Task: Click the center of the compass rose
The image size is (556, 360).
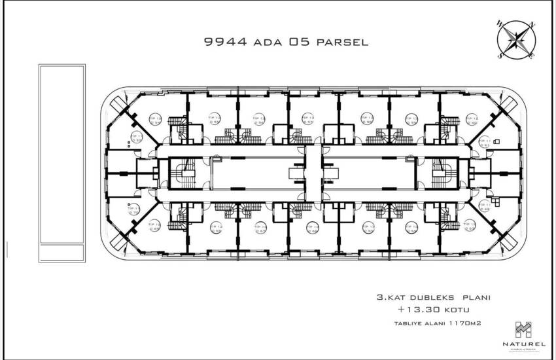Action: (517, 40)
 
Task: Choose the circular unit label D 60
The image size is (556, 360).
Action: (451, 120)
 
